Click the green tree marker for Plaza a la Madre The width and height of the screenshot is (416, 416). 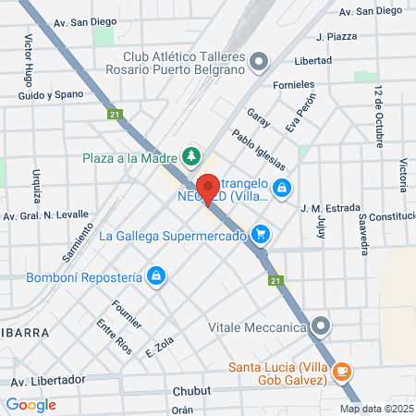(191, 156)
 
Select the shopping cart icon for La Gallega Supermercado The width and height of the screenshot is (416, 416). (262, 234)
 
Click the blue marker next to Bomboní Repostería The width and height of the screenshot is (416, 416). (157, 275)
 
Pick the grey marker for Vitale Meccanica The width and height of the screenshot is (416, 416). (321, 325)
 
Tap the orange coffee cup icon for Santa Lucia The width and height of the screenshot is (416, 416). (342, 372)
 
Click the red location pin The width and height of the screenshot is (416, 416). (208, 189)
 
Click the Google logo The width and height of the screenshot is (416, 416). (31, 404)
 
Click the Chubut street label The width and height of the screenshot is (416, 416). (191, 389)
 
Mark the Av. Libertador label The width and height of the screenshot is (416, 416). (48, 380)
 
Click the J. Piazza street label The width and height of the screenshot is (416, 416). (336, 37)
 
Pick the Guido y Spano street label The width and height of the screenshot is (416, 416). (50, 94)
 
